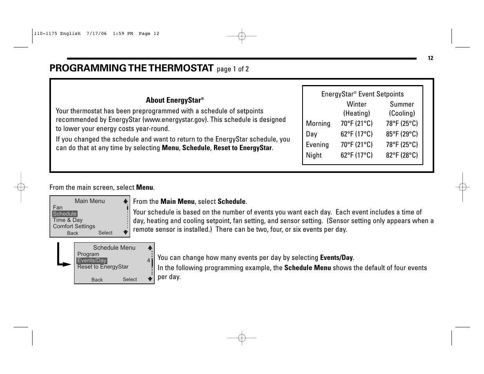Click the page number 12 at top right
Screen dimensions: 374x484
(x=430, y=58)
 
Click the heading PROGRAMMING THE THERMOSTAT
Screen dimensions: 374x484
(x=131, y=68)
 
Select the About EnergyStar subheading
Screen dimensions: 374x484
(x=175, y=100)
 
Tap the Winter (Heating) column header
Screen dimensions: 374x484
(x=356, y=109)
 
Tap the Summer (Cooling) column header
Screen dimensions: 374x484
(x=402, y=109)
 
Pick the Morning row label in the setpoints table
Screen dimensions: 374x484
(x=318, y=123)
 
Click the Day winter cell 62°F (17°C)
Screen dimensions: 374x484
(x=356, y=134)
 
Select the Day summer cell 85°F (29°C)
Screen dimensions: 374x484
(x=402, y=134)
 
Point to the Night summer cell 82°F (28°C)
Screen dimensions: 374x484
(x=402, y=155)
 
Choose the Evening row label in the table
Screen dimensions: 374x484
(x=317, y=145)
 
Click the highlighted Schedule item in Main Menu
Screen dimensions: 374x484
(x=65, y=214)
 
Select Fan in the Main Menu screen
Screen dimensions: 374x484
(x=58, y=207)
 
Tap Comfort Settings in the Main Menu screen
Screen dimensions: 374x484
(x=74, y=226)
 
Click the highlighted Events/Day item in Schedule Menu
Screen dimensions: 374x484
(x=92, y=260)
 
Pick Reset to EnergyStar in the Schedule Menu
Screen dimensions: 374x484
(x=103, y=267)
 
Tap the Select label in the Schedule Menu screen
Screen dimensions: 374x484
(x=130, y=280)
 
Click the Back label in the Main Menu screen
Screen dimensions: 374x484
(x=73, y=233)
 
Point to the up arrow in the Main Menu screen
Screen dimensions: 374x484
(x=125, y=201)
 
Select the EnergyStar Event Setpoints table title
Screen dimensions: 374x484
(x=362, y=94)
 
